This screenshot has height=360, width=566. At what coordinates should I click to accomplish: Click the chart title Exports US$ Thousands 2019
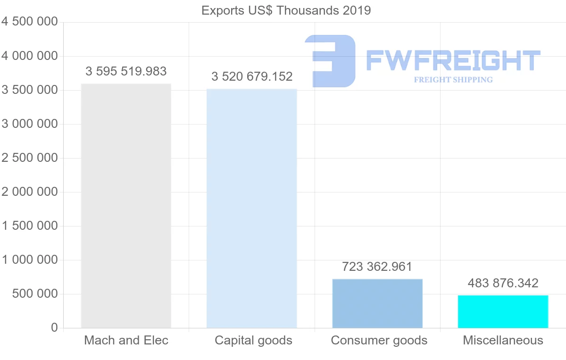(286, 10)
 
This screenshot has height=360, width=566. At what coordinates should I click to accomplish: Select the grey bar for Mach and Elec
(126, 206)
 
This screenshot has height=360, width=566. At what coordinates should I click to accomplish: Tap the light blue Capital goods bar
(252, 208)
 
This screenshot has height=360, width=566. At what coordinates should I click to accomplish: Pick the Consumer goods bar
(377, 303)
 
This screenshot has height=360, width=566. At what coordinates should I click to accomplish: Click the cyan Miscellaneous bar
(503, 311)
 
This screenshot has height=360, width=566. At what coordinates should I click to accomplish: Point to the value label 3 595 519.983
(126, 71)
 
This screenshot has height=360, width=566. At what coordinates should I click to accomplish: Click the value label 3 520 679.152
(252, 76)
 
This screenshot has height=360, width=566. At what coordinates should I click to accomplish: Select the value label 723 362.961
(377, 267)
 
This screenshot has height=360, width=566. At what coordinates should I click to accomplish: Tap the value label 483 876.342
(503, 283)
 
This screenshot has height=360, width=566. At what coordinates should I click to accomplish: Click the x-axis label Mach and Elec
(126, 340)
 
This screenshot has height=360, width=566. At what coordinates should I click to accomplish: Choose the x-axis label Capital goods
(253, 340)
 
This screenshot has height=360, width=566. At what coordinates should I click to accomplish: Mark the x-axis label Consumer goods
(379, 340)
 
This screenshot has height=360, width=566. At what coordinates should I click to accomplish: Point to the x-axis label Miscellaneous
(503, 340)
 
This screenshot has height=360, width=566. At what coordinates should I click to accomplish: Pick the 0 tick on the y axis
(54, 327)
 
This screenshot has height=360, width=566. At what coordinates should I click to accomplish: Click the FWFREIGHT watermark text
(453, 61)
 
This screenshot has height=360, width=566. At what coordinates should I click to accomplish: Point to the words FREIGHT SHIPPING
(453, 80)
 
